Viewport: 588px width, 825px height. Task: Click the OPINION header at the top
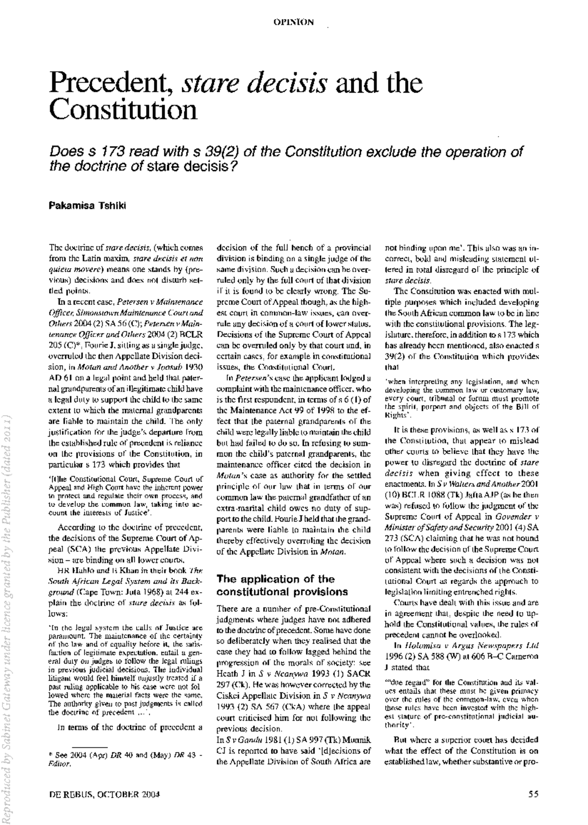294,22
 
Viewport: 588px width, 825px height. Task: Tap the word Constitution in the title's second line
122,111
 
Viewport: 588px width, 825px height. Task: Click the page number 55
533,794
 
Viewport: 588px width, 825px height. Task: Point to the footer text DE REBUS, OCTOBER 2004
105,794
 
